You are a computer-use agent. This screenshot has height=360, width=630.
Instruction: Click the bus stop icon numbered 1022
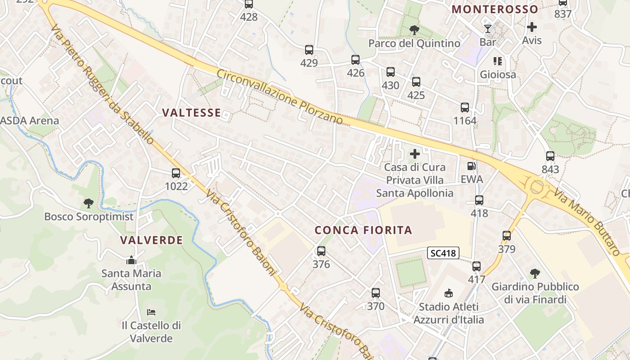point(176,173)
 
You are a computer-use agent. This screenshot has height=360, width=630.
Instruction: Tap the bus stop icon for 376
point(321,251)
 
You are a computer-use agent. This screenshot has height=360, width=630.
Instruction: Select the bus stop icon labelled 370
point(376,293)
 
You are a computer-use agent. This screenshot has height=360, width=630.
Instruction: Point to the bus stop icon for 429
point(309,50)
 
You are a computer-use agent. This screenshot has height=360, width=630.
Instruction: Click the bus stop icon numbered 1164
point(465,108)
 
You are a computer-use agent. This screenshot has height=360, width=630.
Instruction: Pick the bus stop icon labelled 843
point(550,156)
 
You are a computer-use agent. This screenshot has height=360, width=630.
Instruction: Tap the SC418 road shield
point(443,253)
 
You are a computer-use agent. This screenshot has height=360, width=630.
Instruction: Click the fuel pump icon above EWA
point(471,166)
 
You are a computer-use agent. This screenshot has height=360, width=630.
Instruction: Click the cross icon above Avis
point(531,27)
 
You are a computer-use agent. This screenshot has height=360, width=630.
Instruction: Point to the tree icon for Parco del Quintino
point(414,30)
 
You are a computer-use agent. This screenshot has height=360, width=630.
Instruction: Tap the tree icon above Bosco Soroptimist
point(89,203)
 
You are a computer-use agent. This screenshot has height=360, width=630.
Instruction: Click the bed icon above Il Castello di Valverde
point(151,312)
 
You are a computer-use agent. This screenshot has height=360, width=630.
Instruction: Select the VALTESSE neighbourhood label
point(192,112)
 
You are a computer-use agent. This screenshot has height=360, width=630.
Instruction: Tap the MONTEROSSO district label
point(495,9)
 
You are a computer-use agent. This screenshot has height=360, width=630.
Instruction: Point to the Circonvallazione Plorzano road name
point(279,97)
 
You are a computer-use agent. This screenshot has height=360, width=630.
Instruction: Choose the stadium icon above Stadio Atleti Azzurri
point(448,293)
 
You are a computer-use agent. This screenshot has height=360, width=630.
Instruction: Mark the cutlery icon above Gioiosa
point(497,61)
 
